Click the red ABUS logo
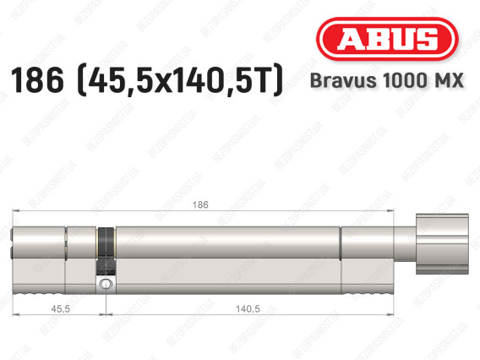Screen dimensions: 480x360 387,39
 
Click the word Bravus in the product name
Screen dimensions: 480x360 343,80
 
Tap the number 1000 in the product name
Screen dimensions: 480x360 403,80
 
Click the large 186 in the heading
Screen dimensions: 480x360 37,80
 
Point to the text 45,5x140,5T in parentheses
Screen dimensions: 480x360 181,80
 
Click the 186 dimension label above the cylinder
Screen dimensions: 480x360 200,205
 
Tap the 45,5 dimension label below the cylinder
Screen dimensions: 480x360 60,309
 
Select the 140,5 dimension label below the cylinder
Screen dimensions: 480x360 248,309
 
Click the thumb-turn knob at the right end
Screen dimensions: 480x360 442,244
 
